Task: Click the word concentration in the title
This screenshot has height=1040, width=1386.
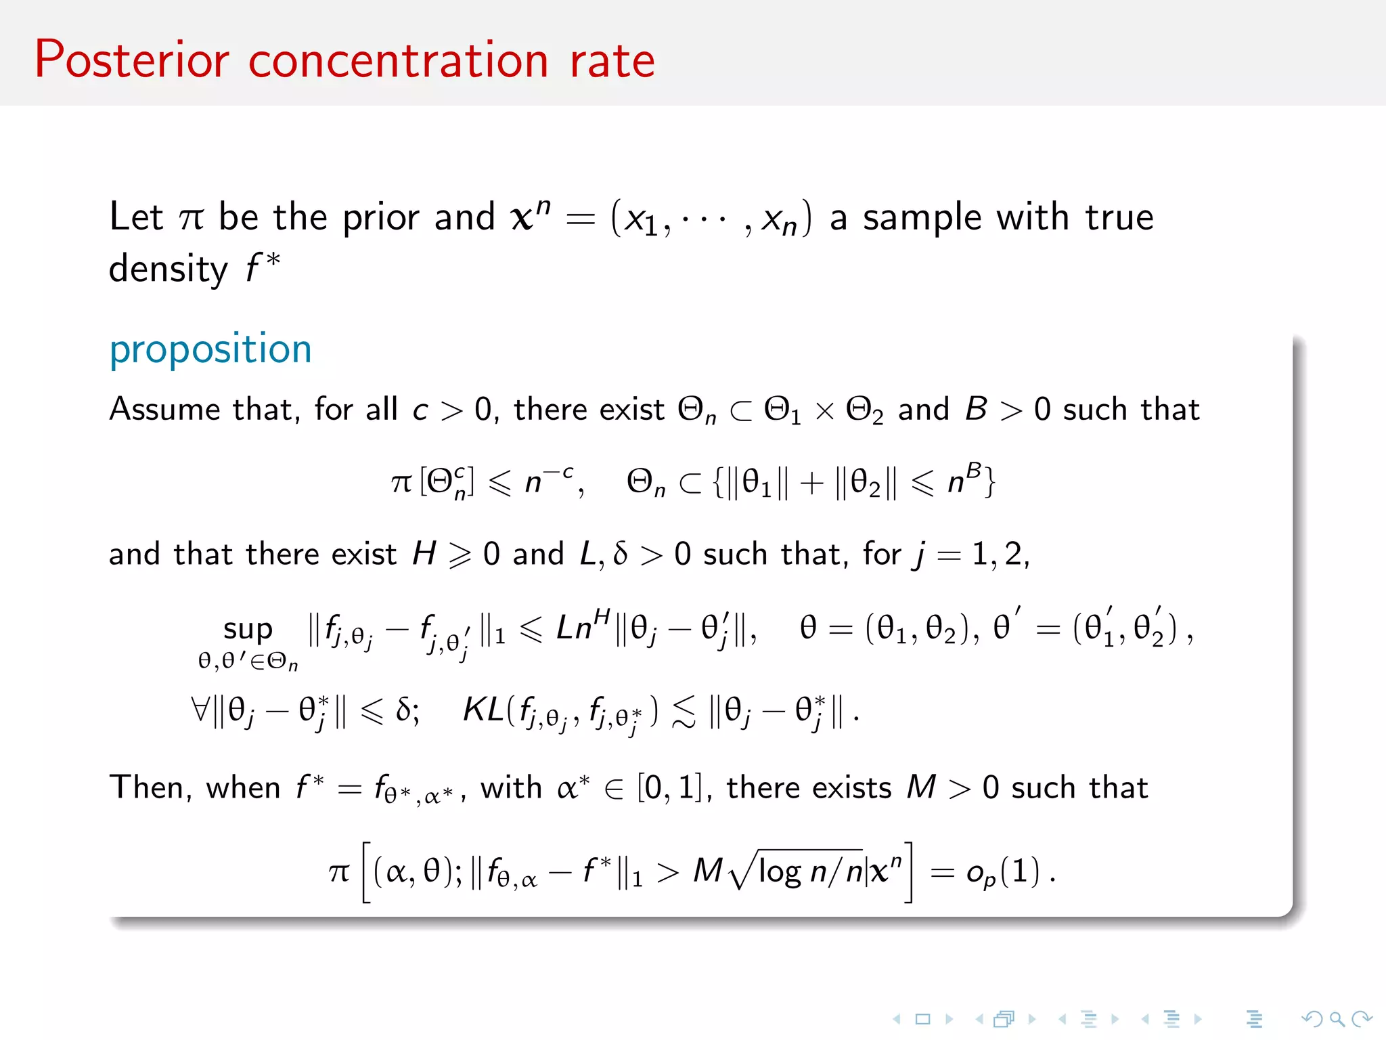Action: click(398, 61)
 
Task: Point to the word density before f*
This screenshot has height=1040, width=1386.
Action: click(169, 269)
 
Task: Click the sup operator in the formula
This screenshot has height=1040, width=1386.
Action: click(248, 630)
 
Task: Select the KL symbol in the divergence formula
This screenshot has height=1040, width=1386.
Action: click(483, 710)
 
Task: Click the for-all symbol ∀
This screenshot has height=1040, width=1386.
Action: click(200, 710)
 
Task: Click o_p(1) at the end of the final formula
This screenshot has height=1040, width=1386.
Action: click(1002, 872)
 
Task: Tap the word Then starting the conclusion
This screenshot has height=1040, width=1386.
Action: click(146, 788)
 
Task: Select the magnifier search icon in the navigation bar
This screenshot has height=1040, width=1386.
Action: click(1336, 1018)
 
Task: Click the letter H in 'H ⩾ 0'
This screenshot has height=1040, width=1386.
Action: click(424, 555)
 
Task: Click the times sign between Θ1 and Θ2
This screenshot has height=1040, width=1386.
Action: click(824, 411)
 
